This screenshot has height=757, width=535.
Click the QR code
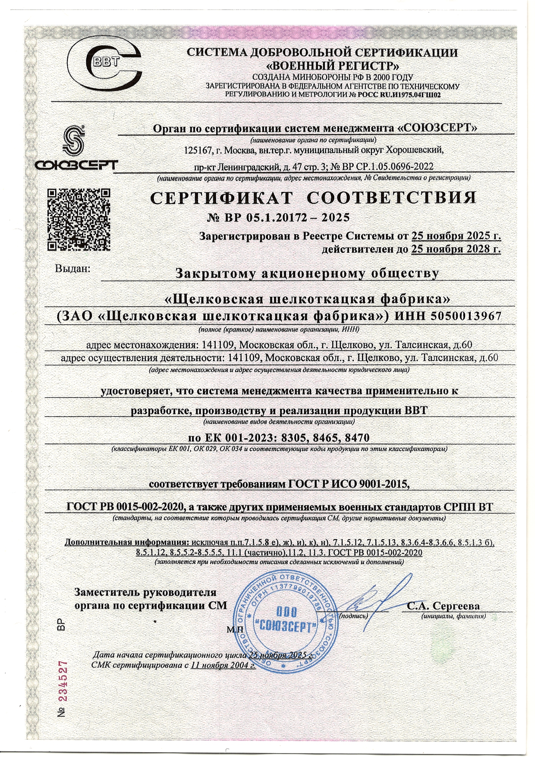click(x=78, y=220)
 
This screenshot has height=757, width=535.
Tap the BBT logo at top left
click(x=106, y=65)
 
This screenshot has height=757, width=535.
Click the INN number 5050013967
click(x=466, y=316)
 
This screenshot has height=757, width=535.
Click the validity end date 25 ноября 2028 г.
click(x=456, y=249)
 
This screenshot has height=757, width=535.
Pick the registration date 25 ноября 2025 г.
click(x=456, y=236)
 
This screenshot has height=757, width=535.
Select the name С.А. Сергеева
click(x=443, y=606)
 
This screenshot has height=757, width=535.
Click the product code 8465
click(x=325, y=438)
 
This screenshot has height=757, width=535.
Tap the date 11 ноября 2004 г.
click(x=223, y=665)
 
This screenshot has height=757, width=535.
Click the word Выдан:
click(x=72, y=268)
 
